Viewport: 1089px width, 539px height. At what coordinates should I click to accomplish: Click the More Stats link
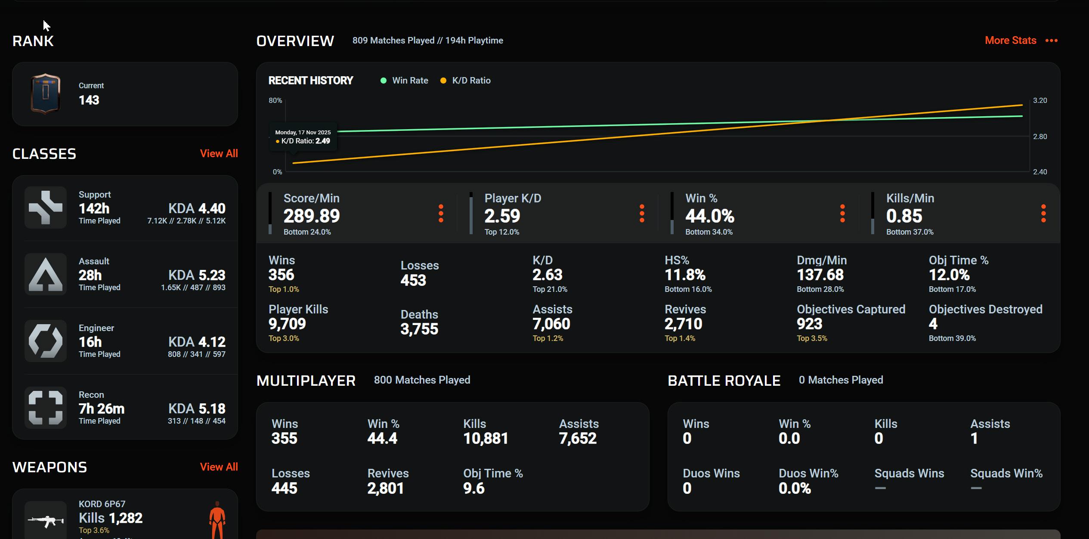[x=1010, y=40]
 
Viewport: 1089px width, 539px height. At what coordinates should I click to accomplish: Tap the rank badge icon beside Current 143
[x=45, y=93]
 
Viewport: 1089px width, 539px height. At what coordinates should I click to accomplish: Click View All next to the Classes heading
[x=219, y=154]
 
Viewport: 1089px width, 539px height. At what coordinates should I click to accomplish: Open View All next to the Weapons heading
[x=219, y=467]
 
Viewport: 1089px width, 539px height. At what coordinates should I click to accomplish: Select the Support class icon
[x=46, y=208]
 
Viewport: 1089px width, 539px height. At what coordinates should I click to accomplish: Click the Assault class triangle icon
[x=46, y=274]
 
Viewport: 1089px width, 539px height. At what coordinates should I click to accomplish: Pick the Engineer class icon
[x=46, y=341]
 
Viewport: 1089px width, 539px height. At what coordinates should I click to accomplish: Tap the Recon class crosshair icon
[x=46, y=408]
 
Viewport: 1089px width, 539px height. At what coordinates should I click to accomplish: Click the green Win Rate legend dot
[x=384, y=81]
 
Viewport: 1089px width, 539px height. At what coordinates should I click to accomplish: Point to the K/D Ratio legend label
[x=471, y=81]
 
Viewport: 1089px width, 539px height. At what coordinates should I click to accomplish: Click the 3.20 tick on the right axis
[x=1040, y=100]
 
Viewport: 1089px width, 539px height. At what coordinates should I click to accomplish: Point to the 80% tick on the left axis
[x=275, y=100]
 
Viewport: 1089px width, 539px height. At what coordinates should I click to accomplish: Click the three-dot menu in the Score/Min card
[x=441, y=214]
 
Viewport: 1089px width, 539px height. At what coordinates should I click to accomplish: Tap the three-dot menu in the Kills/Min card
[x=1043, y=214]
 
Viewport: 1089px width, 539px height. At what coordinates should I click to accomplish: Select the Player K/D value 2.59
[x=502, y=216]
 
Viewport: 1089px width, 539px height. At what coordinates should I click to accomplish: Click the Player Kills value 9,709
[x=287, y=324]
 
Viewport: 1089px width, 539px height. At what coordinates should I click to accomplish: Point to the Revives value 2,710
[x=683, y=324]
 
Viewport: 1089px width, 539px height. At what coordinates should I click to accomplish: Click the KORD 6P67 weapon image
[x=46, y=521]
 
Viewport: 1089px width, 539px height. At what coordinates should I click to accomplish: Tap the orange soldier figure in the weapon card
[x=217, y=520]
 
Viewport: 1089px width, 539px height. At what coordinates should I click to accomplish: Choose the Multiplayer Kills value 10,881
[x=486, y=439]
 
